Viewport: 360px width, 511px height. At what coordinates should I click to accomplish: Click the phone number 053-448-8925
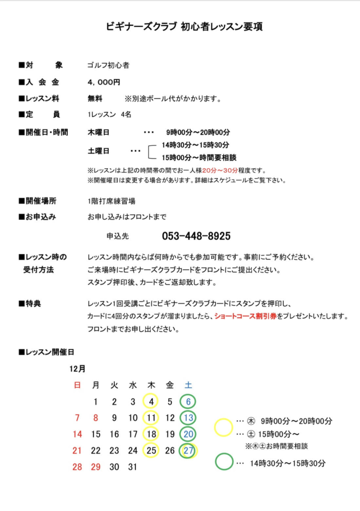tap(196, 236)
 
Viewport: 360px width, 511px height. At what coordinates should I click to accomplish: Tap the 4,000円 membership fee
tap(103, 82)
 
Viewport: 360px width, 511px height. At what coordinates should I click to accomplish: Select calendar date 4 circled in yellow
tap(151, 401)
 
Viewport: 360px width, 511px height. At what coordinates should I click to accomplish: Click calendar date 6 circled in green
tap(188, 401)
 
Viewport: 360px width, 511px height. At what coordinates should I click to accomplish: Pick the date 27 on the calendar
tap(188, 451)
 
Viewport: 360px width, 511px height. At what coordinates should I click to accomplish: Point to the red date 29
tap(95, 467)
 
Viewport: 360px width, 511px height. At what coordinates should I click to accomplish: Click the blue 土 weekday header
tap(188, 385)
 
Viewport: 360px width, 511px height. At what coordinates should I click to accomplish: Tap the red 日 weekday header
tap(77, 385)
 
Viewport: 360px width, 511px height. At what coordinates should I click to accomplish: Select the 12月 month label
tap(77, 369)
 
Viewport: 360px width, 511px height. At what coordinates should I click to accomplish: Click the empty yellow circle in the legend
tap(224, 428)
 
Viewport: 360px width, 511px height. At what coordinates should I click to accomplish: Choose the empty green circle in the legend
tap(224, 462)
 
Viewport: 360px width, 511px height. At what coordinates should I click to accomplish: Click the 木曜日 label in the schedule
tap(98, 132)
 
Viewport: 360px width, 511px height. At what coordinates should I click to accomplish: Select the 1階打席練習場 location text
tap(111, 201)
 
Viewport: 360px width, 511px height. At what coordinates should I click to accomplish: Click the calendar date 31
tap(132, 467)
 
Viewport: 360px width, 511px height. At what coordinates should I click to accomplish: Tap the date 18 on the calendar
tap(151, 434)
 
